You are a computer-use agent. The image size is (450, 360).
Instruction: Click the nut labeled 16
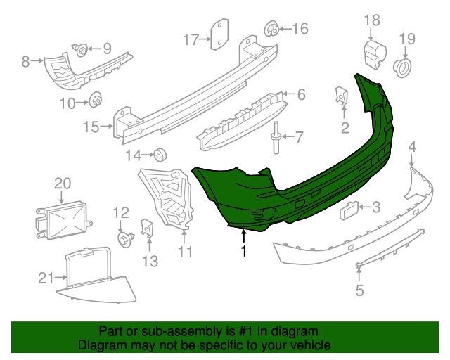270,30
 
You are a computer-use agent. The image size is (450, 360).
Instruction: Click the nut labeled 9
81,49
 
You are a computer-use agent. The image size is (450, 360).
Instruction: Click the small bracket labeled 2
343,96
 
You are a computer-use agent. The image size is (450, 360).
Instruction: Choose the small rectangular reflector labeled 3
350,207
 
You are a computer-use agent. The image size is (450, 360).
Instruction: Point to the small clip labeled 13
148,228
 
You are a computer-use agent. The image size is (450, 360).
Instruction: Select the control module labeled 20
63,219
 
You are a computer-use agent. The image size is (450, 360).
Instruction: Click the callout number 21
46,278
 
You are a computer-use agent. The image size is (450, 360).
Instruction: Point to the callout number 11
185,251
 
